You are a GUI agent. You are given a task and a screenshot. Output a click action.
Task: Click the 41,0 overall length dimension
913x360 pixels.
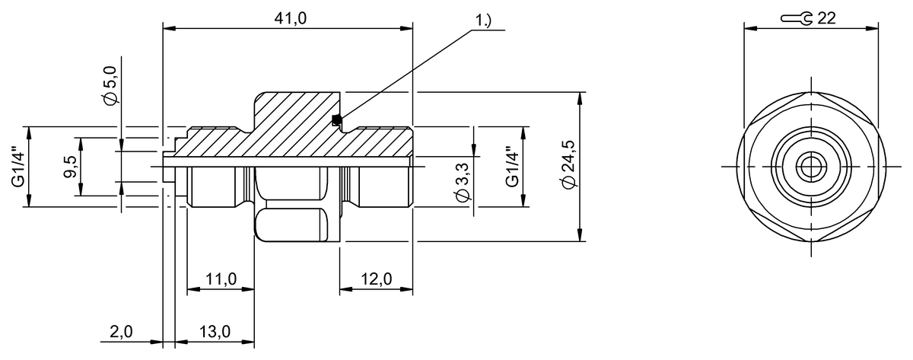coord(290,18)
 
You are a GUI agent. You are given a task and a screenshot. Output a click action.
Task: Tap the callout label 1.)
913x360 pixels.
coord(482,20)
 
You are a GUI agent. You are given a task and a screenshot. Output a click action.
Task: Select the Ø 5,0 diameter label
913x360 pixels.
coord(111,84)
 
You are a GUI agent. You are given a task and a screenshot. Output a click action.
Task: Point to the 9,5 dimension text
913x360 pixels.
coord(70,167)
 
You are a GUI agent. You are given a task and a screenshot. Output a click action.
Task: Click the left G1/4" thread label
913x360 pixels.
coord(18,167)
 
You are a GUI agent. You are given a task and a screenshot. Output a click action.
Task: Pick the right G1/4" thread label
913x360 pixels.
coord(512,167)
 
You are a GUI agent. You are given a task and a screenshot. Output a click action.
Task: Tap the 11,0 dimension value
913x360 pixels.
coord(221,279)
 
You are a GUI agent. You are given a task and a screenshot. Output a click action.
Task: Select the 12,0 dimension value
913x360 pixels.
coord(377,279)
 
